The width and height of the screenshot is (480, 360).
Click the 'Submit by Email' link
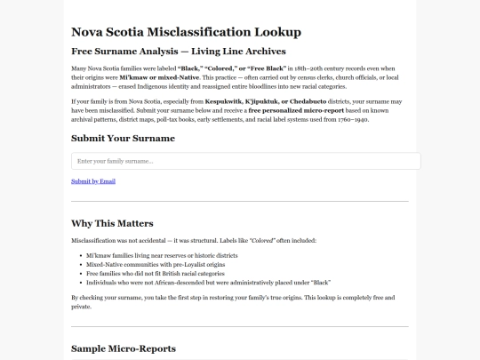pyautogui.click(x=93, y=180)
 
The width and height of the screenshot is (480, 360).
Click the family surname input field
pyautogui.click(x=245, y=161)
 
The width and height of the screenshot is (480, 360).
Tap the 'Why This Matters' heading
pyautogui.click(x=112, y=222)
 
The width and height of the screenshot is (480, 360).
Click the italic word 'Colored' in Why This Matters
pyautogui.click(x=260, y=240)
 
